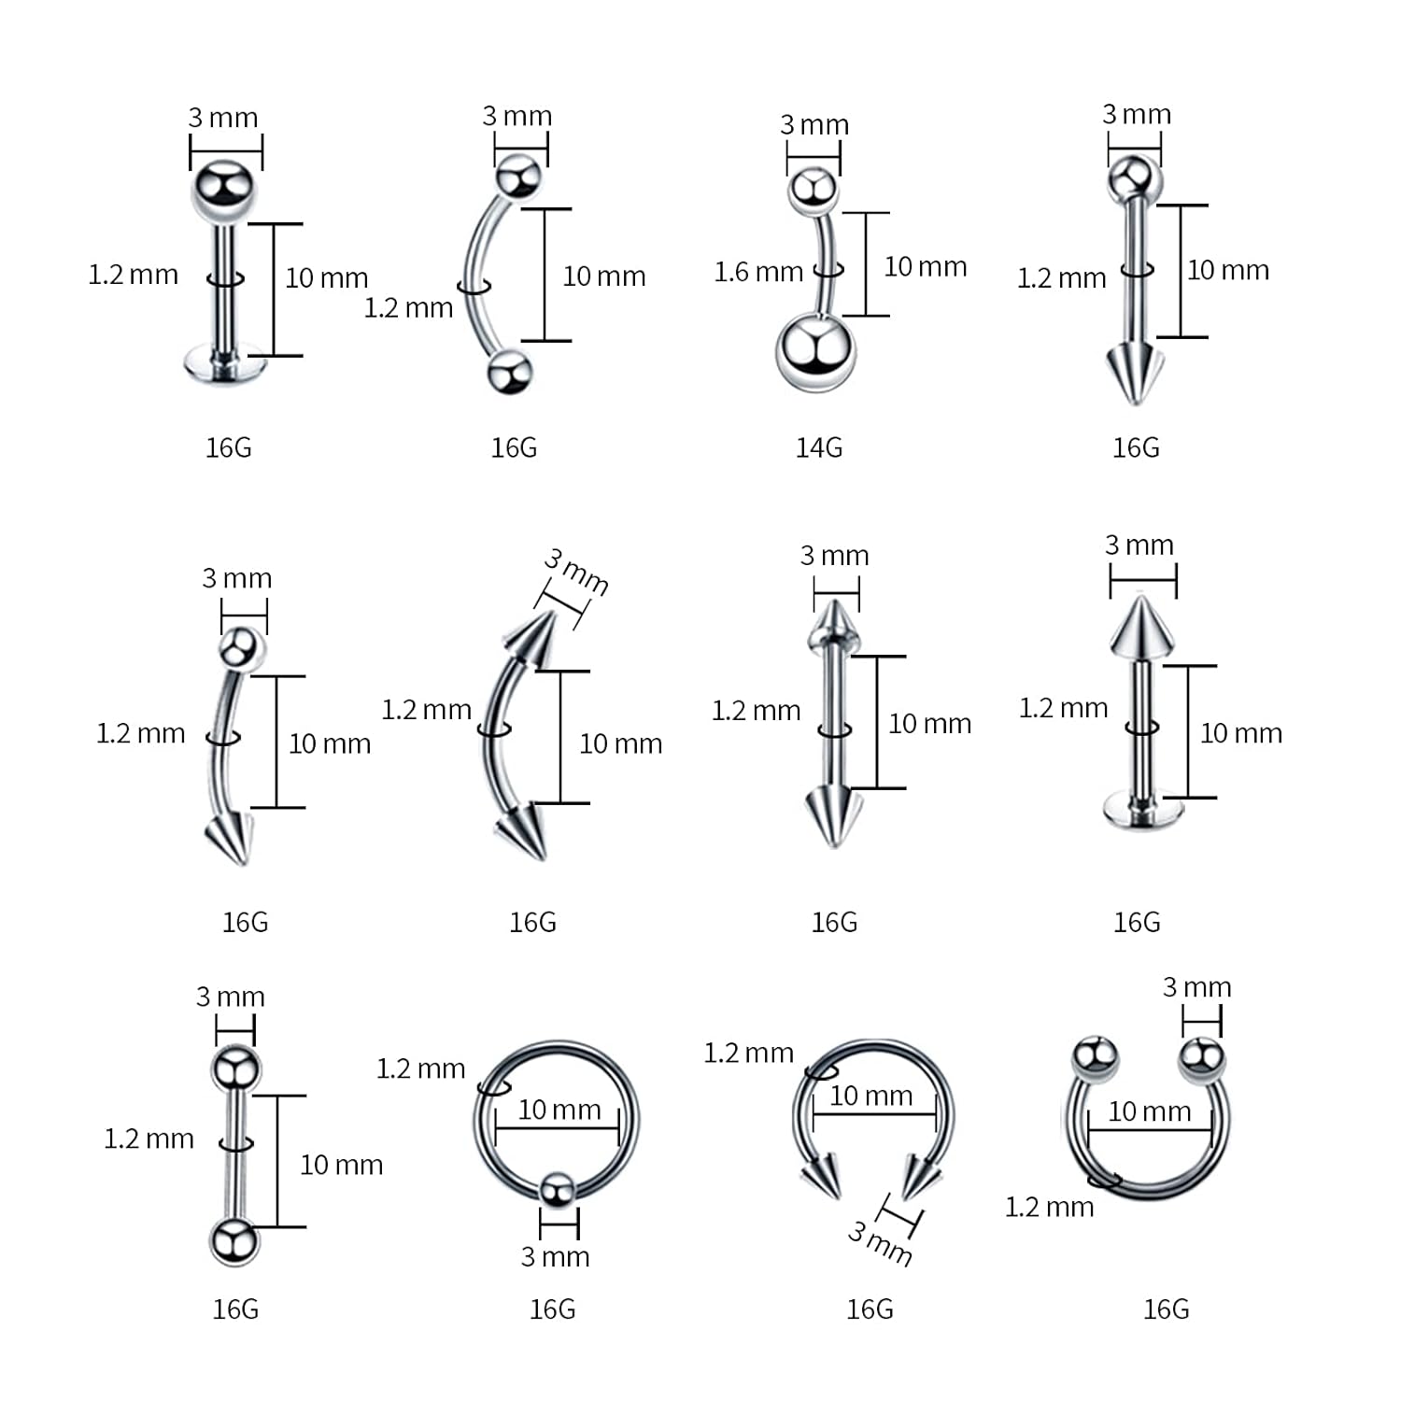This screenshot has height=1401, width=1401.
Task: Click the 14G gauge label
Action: (x=818, y=448)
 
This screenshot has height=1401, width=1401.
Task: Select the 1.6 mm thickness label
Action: (x=758, y=272)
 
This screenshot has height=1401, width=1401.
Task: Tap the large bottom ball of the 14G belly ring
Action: (x=814, y=352)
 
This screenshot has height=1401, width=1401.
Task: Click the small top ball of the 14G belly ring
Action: (x=813, y=190)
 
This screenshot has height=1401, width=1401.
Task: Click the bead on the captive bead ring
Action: (x=558, y=1190)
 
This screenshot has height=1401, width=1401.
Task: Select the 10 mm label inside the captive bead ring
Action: (x=559, y=1110)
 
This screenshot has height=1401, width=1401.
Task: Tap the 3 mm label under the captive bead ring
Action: (x=555, y=1257)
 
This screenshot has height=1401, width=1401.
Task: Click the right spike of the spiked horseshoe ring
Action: (x=917, y=1177)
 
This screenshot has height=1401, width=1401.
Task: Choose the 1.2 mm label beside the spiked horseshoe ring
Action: (x=748, y=1054)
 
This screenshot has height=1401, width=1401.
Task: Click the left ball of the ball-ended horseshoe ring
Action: (x=1095, y=1058)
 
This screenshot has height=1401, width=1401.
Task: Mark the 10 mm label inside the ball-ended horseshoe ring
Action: (x=1149, y=1111)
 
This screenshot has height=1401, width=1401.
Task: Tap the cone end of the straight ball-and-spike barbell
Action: (x=1135, y=371)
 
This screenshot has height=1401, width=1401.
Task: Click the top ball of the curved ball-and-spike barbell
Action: (x=241, y=647)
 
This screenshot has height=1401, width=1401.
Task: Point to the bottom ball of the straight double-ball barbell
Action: (x=233, y=1242)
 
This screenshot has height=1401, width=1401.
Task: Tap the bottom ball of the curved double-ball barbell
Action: (x=509, y=371)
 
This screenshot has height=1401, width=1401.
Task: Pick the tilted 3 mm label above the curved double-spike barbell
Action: (x=576, y=572)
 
